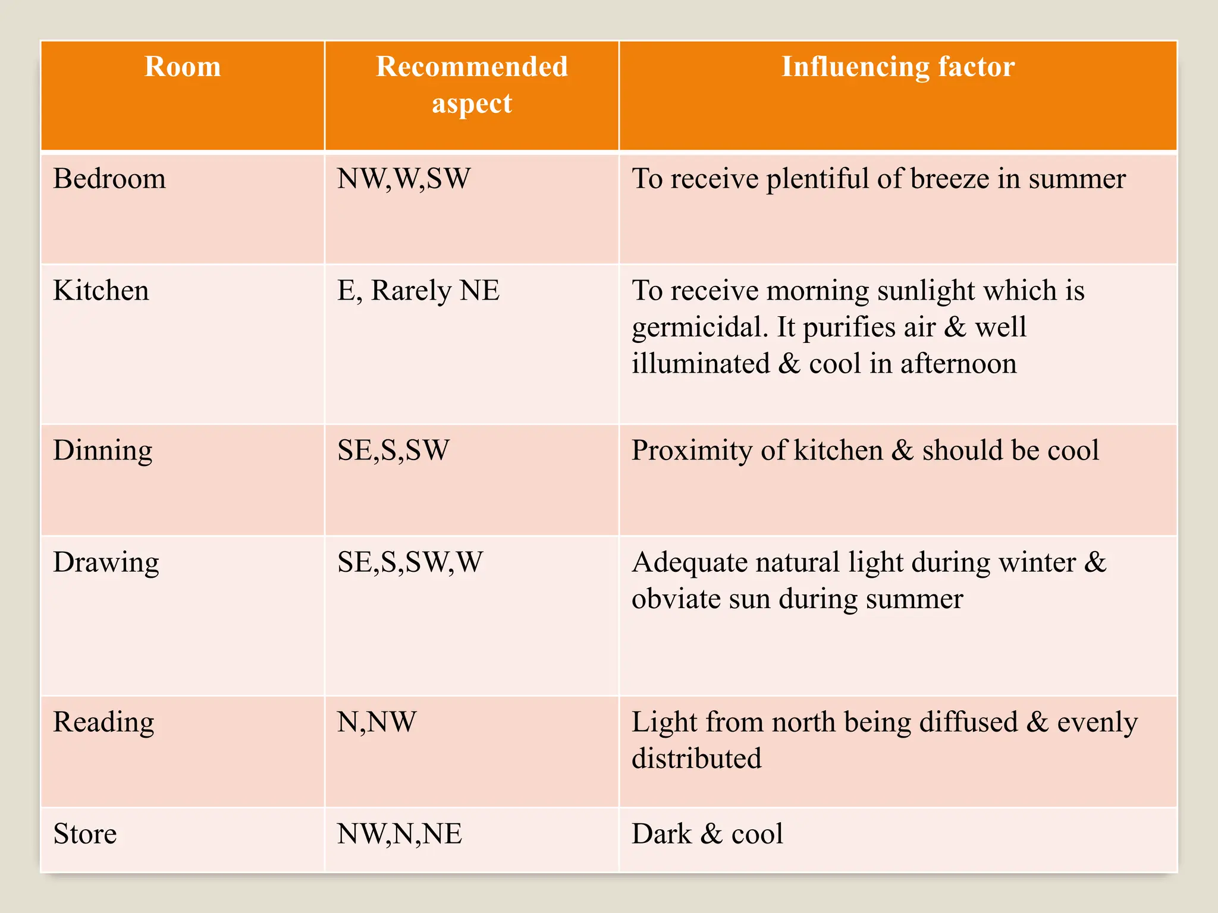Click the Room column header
coord(183,67)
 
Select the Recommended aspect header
coord(472,84)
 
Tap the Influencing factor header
coord(897,67)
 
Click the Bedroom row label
coord(109,179)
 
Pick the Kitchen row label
coord(101,291)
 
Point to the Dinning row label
coord(103,451)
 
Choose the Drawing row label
coord(106,562)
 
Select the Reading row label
coord(103,722)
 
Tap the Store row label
coord(85,834)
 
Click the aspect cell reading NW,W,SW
coord(404,179)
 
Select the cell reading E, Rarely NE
coord(418,291)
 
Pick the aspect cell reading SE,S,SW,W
coord(410,562)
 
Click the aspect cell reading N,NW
coord(376,722)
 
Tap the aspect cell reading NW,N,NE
coord(399,834)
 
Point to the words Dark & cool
coord(707,834)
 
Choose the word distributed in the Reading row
coord(696,759)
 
